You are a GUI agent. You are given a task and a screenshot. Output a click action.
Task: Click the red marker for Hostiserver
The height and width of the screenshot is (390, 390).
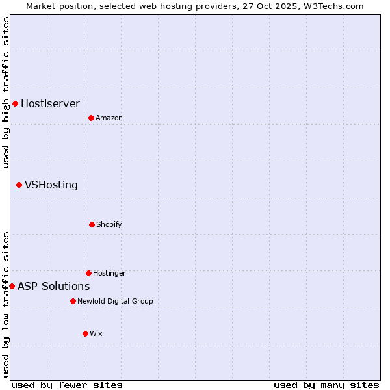[15, 103]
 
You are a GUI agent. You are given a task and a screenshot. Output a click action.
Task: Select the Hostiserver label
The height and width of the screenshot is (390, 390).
[50, 103]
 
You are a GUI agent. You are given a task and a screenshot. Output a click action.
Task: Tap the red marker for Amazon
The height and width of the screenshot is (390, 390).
[91, 118]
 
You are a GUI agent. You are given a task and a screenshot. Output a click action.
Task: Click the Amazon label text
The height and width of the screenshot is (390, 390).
[109, 118]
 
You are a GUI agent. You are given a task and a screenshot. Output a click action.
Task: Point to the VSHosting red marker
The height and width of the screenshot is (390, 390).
[19, 185]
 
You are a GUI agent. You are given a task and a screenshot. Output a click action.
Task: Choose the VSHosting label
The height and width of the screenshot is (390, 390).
[51, 185]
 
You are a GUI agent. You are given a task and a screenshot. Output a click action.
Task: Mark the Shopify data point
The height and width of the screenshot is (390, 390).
[92, 224]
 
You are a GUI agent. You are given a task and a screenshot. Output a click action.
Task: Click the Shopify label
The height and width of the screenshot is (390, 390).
[109, 225]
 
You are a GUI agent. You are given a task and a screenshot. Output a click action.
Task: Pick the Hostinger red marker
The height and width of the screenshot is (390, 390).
[88, 273]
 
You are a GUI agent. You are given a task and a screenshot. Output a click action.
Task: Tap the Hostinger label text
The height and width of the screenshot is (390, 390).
[109, 274]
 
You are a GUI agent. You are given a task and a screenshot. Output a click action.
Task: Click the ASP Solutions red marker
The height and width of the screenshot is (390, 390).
[12, 286]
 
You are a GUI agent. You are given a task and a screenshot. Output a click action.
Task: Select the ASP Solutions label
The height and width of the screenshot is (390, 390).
[53, 286]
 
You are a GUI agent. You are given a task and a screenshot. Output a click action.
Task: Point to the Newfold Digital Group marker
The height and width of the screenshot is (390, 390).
[73, 301]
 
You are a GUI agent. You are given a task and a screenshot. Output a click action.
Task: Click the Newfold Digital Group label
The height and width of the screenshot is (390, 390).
[115, 302]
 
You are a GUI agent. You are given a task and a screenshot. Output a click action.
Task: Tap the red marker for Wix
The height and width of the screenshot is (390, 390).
[85, 333]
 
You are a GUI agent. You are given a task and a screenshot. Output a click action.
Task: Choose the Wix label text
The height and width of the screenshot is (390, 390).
[96, 334]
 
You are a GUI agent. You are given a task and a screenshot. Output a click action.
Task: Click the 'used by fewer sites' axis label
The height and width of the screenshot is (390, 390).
[67, 385]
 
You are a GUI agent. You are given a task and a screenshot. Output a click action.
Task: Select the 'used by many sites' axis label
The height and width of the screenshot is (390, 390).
[326, 385]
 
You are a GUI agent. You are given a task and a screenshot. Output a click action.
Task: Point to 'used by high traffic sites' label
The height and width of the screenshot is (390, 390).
[6, 92]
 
